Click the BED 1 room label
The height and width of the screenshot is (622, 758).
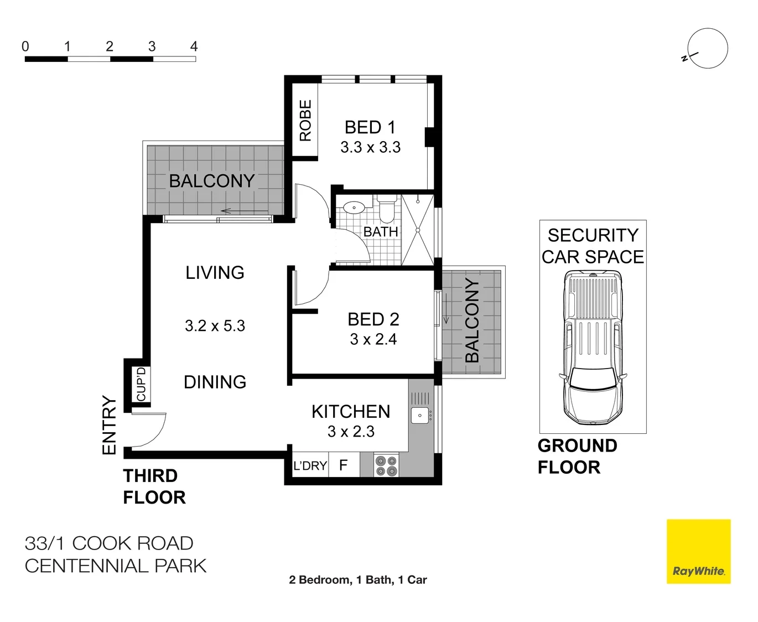(x=370, y=127)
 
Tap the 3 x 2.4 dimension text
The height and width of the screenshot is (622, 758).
(x=373, y=339)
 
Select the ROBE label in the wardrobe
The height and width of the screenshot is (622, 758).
(x=305, y=121)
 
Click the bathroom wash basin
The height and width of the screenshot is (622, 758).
(x=354, y=208)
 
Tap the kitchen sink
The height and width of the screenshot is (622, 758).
(x=420, y=415)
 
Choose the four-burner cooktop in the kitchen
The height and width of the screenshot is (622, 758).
(x=386, y=465)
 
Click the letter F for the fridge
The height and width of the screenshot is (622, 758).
(x=344, y=465)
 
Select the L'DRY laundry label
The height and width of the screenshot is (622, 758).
(x=310, y=465)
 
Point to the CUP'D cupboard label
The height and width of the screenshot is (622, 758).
(x=141, y=385)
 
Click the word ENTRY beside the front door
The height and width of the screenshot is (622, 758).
(x=109, y=426)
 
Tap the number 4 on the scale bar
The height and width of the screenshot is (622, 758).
(x=194, y=46)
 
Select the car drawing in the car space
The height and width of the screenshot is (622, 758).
(x=593, y=348)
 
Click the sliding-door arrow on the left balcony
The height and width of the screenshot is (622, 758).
(x=245, y=211)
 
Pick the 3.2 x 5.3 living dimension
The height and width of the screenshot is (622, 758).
(x=215, y=326)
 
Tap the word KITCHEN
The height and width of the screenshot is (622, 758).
(x=351, y=412)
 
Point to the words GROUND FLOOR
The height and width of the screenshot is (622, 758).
(x=577, y=457)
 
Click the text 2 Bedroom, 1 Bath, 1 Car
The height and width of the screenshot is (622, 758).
(x=358, y=580)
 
